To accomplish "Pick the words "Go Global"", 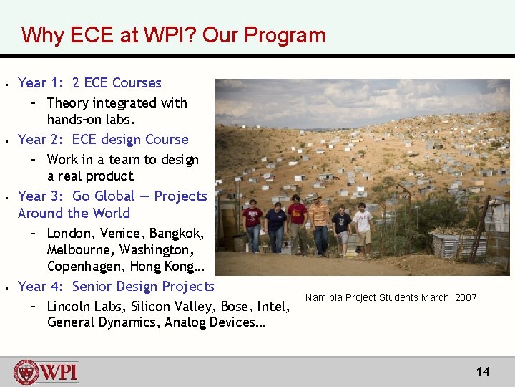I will point(106,196).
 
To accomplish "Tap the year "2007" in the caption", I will point(465,298).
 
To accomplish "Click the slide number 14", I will point(483,371).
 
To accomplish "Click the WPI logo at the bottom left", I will point(46,373).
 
